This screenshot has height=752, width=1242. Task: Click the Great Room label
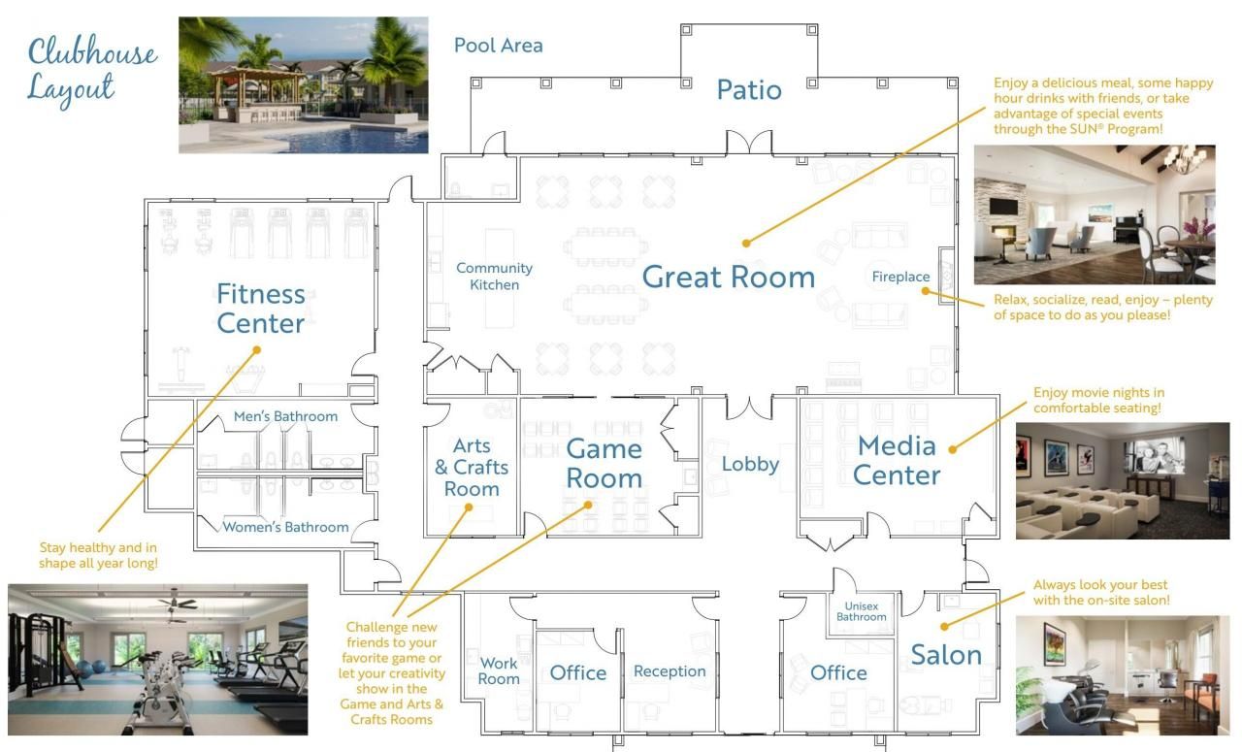click(x=728, y=278)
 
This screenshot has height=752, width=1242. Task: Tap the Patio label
click(x=748, y=90)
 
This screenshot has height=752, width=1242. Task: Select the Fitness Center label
click(x=260, y=308)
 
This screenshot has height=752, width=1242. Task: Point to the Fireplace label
click(x=900, y=277)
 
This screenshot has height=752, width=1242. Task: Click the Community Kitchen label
click(x=494, y=276)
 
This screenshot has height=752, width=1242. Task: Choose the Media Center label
click(x=898, y=460)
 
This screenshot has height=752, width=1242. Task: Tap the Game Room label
click(x=604, y=463)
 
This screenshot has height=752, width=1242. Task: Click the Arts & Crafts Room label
click(x=472, y=467)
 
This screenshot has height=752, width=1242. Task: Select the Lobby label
click(x=750, y=464)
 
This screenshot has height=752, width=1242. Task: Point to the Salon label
click(x=946, y=655)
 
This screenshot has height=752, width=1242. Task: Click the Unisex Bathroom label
click(x=862, y=611)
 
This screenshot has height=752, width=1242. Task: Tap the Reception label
click(x=670, y=671)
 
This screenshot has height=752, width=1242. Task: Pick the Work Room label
click(x=499, y=670)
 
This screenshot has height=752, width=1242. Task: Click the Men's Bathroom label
click(x=285, y=416)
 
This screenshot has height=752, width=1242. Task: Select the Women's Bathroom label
click(x=285, y=527)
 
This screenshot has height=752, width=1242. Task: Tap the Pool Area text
click(x=498, y=45)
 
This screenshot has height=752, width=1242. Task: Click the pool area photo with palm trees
click(x=303, y=84)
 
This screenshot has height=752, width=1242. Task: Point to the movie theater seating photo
click(x=1122, y=480)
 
